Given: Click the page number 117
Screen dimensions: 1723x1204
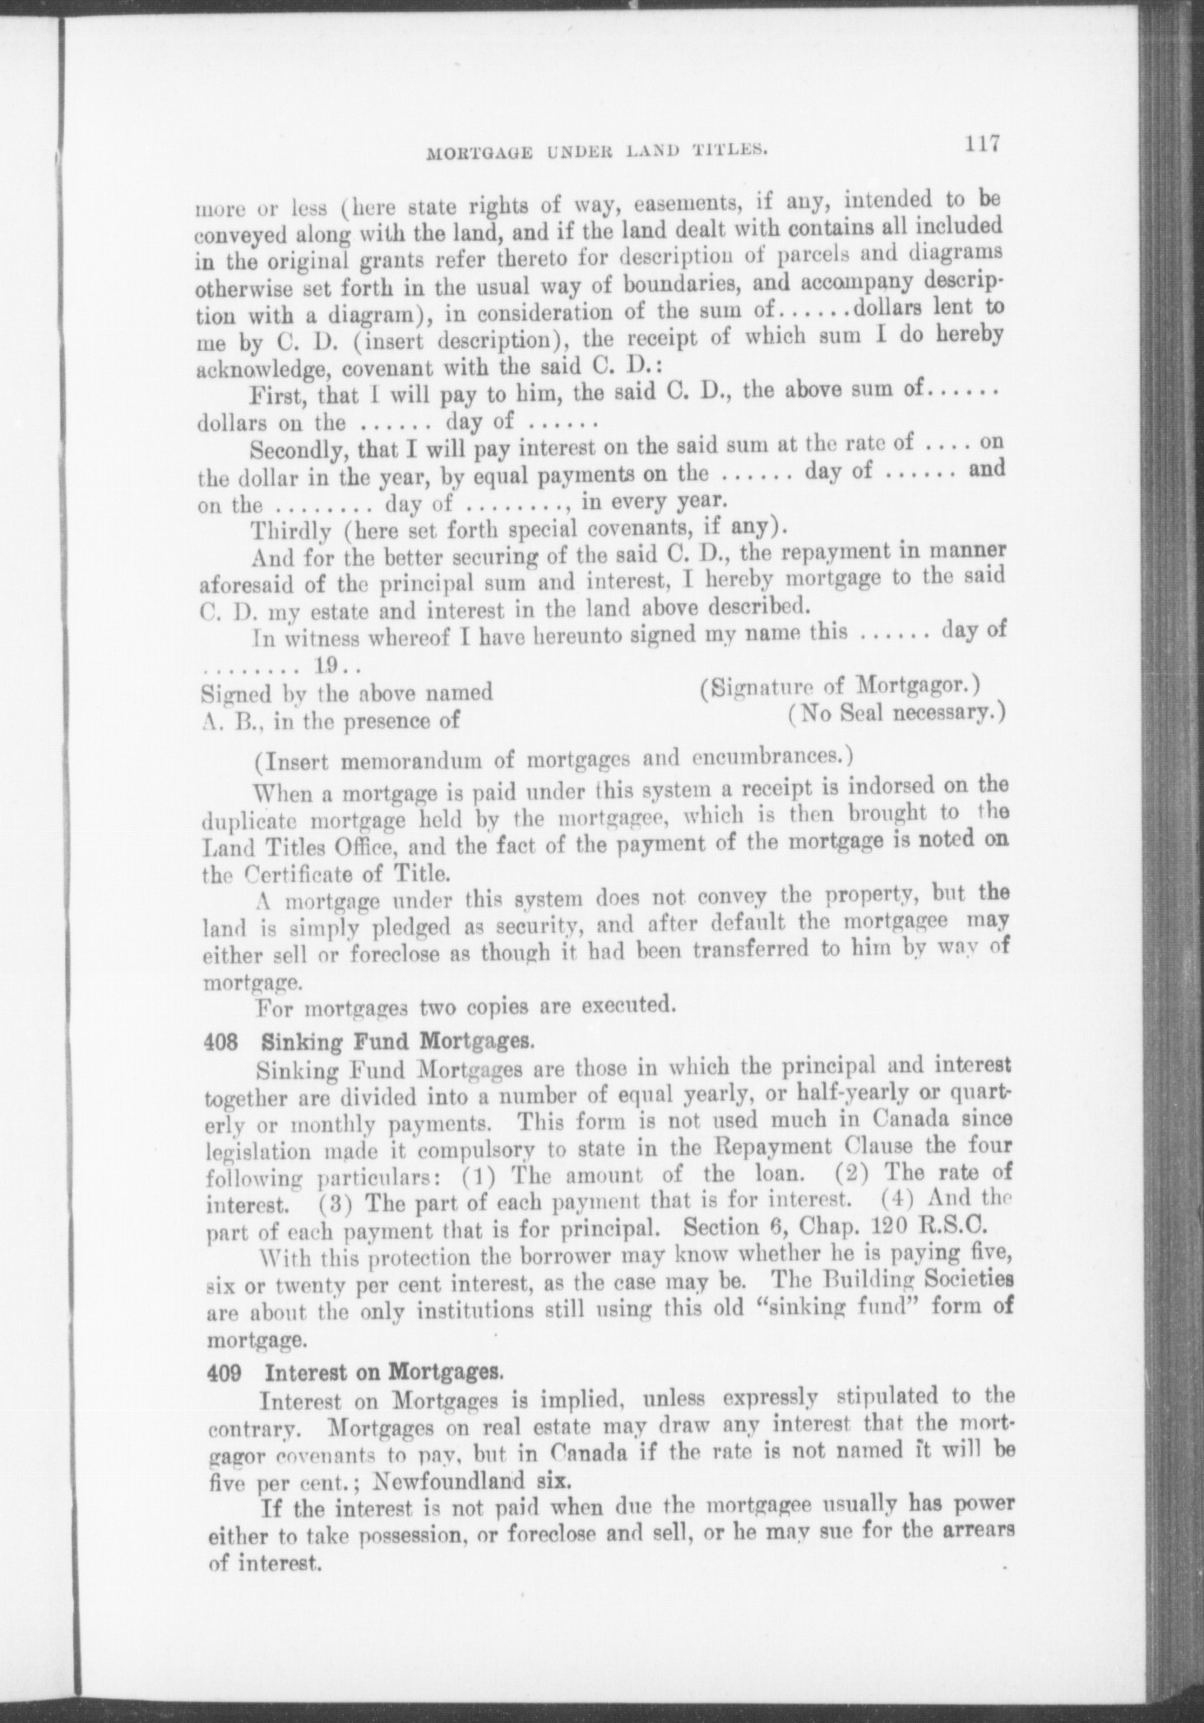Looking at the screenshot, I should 982,145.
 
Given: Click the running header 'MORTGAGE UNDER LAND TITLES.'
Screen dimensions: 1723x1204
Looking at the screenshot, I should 598,150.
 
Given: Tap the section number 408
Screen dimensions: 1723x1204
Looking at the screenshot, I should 220,1042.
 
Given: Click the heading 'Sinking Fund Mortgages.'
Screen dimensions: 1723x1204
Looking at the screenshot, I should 398,1042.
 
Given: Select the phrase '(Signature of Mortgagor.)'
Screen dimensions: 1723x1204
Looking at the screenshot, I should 837,686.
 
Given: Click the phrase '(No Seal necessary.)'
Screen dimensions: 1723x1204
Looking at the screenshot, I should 896,713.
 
